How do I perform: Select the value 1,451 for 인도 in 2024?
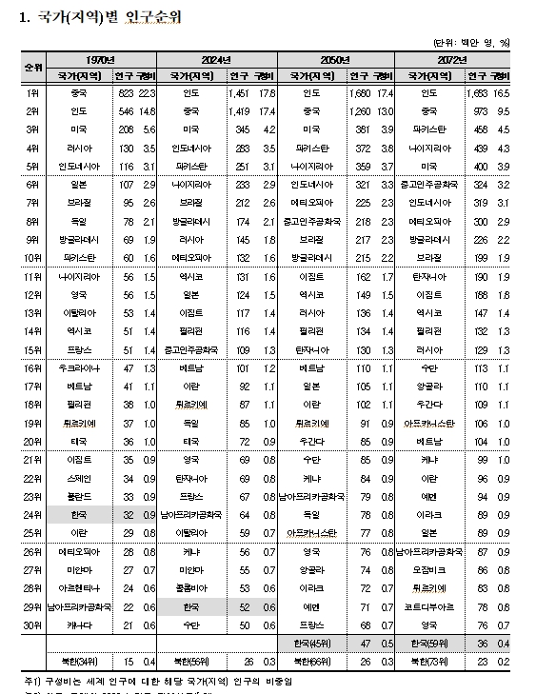239,93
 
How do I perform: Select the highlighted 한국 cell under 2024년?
192,605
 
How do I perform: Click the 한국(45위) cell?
313,644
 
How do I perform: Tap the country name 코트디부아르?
429,605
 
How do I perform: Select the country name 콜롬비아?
192,587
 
